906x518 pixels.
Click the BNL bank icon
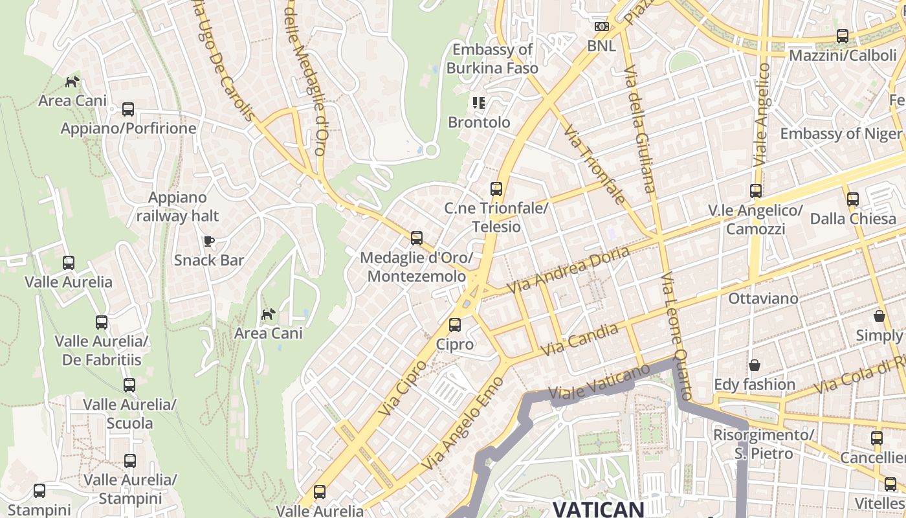click(x=602, y=27)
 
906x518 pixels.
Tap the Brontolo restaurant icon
click(x=479, y=103)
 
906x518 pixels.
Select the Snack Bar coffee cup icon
click(x=208, y=242)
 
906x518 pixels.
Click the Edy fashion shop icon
click(x=754, y=366)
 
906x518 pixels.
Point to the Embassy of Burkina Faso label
click(x=492, y=58)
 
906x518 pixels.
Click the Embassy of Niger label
click(x=840, y=134)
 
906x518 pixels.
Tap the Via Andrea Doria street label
click(x=568, y=269)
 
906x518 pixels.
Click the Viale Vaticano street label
click(x=599, y=383)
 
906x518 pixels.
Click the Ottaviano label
click(x=763, y=298)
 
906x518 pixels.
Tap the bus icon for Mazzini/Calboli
click(x=842, y=36)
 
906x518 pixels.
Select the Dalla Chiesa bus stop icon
click(x=852, y=199)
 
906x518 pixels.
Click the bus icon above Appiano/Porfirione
click(x=128, y=109)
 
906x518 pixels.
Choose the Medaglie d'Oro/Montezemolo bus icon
click(x=416, y=238)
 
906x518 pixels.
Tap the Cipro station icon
click(x=455, y=325)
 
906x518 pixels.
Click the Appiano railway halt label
click(x=177, y=207)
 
